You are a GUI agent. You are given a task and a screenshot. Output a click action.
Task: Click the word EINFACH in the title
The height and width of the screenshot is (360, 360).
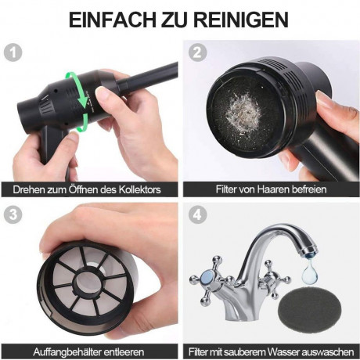click(118, 19)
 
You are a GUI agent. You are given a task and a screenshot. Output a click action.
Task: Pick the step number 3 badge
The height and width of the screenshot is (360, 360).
click(10, 213)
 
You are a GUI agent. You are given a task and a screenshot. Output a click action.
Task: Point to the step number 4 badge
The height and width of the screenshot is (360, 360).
click(196, 213)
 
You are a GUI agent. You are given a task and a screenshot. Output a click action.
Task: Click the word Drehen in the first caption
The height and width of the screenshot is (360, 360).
click(28, 189)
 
